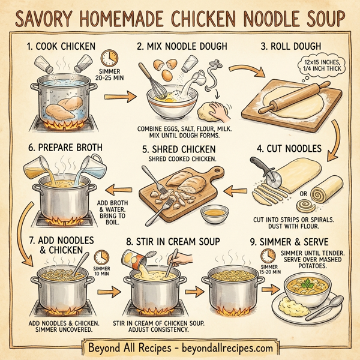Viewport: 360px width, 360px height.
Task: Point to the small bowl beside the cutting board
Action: pyautogui.click(x=214, y=212)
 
